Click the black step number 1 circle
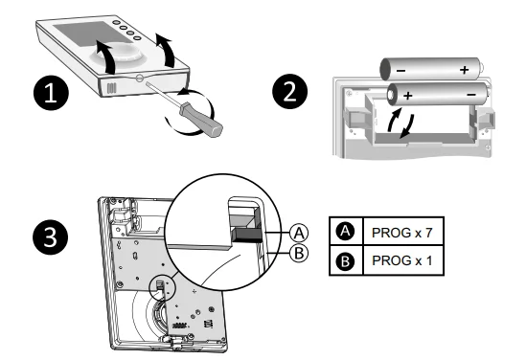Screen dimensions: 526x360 tap(51, 93)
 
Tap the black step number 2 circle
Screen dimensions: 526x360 tap(290, 92)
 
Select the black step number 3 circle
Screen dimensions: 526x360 tap(51, 237)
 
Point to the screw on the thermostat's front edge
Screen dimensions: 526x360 tap(140, 79)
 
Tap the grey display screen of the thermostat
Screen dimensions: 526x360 tap(88, 34)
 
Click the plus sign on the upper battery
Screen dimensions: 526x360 tap(465, 70)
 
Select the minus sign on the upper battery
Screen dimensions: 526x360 tap(400, 71)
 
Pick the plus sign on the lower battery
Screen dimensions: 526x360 tap(407, 96)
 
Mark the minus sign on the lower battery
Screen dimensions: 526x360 tap(471, 95)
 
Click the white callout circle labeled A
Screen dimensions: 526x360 tap(299, 233)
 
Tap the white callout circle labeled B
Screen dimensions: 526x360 tap(299, 253)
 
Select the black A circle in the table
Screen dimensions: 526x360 tap(346, 232)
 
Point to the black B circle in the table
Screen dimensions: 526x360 tap(346, 260)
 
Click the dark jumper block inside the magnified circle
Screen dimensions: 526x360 tap(247, 236)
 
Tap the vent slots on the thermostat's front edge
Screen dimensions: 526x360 tap(111, 88)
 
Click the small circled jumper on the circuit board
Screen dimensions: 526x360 tap(161, 286)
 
